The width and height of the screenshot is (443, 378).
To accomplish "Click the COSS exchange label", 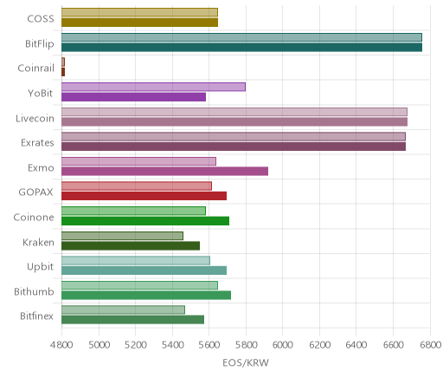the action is click(x=41, y=19).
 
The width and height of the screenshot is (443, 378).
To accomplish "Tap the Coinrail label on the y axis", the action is click(x=36, y=68).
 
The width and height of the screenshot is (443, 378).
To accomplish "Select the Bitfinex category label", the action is click(x=36, y=316).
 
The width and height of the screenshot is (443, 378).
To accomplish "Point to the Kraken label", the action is click(x=38, y=242).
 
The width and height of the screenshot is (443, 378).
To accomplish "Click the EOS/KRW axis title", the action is click(x=246, y=362).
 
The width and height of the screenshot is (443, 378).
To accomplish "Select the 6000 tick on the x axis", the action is click(x=282, y=345).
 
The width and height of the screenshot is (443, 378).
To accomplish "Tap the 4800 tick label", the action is click(x=61, y=345).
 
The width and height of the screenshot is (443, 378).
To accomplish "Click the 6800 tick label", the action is click(x=430, y=345).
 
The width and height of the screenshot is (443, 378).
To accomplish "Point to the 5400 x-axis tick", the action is click(x=172, y=345).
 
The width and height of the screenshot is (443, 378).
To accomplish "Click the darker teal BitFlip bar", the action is click(x=241, y=48).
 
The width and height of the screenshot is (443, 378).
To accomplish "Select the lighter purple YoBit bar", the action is click(x=153, y=87).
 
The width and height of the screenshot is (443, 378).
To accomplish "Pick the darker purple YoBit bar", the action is click(x=133, y=97).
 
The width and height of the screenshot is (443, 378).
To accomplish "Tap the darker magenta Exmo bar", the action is click(x=164, y=171).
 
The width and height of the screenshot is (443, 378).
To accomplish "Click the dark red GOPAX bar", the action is click(x=144, y=196).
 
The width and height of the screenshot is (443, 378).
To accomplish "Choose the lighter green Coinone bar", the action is click(x=133, y=211).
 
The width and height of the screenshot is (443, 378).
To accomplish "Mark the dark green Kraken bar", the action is click(x=131, y=246).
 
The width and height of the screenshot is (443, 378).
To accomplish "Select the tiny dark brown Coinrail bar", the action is click(x=63, y=72).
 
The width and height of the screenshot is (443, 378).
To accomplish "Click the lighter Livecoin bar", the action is click(x=234, y=112).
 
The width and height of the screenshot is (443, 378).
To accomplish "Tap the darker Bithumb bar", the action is click(x=146, y=296).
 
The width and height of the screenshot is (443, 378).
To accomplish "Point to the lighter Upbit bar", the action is click(x=136, y=260).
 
